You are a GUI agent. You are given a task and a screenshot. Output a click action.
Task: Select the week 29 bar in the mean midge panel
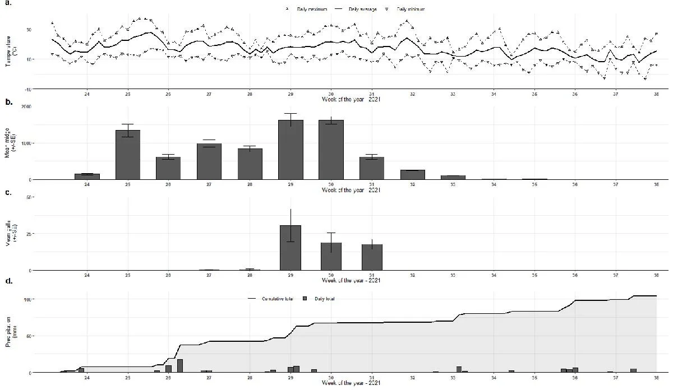pyautogui.click(x=291, y=150)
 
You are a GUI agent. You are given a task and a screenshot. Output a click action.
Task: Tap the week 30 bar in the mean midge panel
pyautogui.click(x=331, y=150)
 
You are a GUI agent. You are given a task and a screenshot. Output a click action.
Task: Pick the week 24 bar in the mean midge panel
pyautogui.click(x=87, y=177)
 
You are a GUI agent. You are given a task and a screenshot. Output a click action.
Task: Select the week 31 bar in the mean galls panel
pyautogui.click(x=372, y=257)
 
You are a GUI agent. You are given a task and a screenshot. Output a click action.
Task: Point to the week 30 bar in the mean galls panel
pyautogui.click(x=331, y=256)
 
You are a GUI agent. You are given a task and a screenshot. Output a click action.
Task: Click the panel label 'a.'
pyautogui.click(x=7, y=3)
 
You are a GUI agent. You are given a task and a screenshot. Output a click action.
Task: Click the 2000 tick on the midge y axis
pyautogui.click(x=26, y=106)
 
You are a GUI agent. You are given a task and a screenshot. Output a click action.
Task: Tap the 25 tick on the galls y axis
pyautogui.click(x=29, y=234)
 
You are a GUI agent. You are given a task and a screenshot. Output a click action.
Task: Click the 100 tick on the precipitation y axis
pyautogui.click(x=27, y=299)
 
